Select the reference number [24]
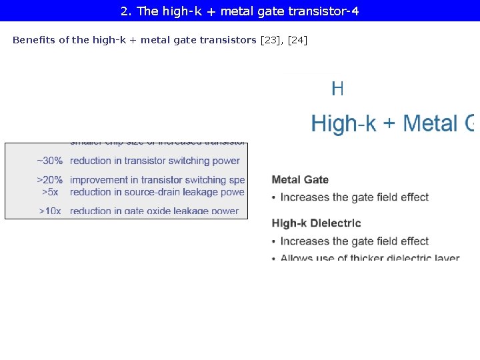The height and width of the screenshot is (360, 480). click(x=297, y=40)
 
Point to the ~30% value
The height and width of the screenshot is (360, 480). click(x=50, y=161)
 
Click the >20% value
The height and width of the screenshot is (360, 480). click(x=50, y=180)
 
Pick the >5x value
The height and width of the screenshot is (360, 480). click(x=50, y=192)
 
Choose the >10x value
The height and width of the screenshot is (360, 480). click(x=50, y=211)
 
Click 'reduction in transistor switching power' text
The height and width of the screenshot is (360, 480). click(x=155, y=161)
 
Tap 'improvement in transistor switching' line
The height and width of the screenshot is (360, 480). click(x=157, y=180)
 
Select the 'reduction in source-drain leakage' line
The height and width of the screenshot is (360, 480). click(x=157, y=192)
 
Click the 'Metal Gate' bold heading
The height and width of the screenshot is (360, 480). click(x=300, y=179)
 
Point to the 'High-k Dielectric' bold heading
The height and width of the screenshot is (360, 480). click(x=316, y=223)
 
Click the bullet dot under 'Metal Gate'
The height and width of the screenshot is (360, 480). click(x=274, y=197)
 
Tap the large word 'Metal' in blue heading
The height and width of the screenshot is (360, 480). click(x=431, y=123)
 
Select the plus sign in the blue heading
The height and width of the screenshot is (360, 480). click(x=389, y=124)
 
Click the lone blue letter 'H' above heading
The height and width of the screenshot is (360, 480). click(x=337, y=89)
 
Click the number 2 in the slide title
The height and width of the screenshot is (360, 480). click(x=125, y=11)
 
